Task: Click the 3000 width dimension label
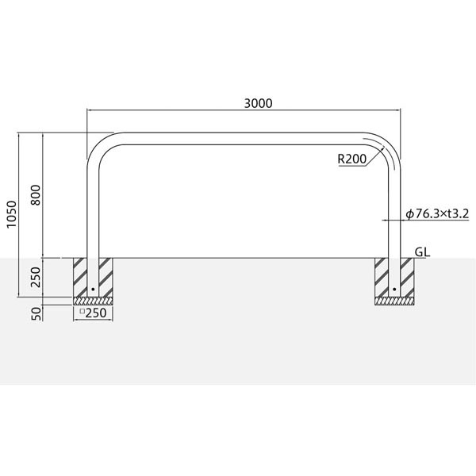(258, 103)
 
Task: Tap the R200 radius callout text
(351, 159)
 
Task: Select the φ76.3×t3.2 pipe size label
(437, 213)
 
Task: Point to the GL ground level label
(422, 252)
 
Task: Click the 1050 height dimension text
(12, 214)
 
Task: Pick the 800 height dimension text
(36, 195)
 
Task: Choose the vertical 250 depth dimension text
(36, 277)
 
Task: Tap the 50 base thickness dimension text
(36, 313)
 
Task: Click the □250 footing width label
(93, 313)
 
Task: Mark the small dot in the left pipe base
(93, 290)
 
